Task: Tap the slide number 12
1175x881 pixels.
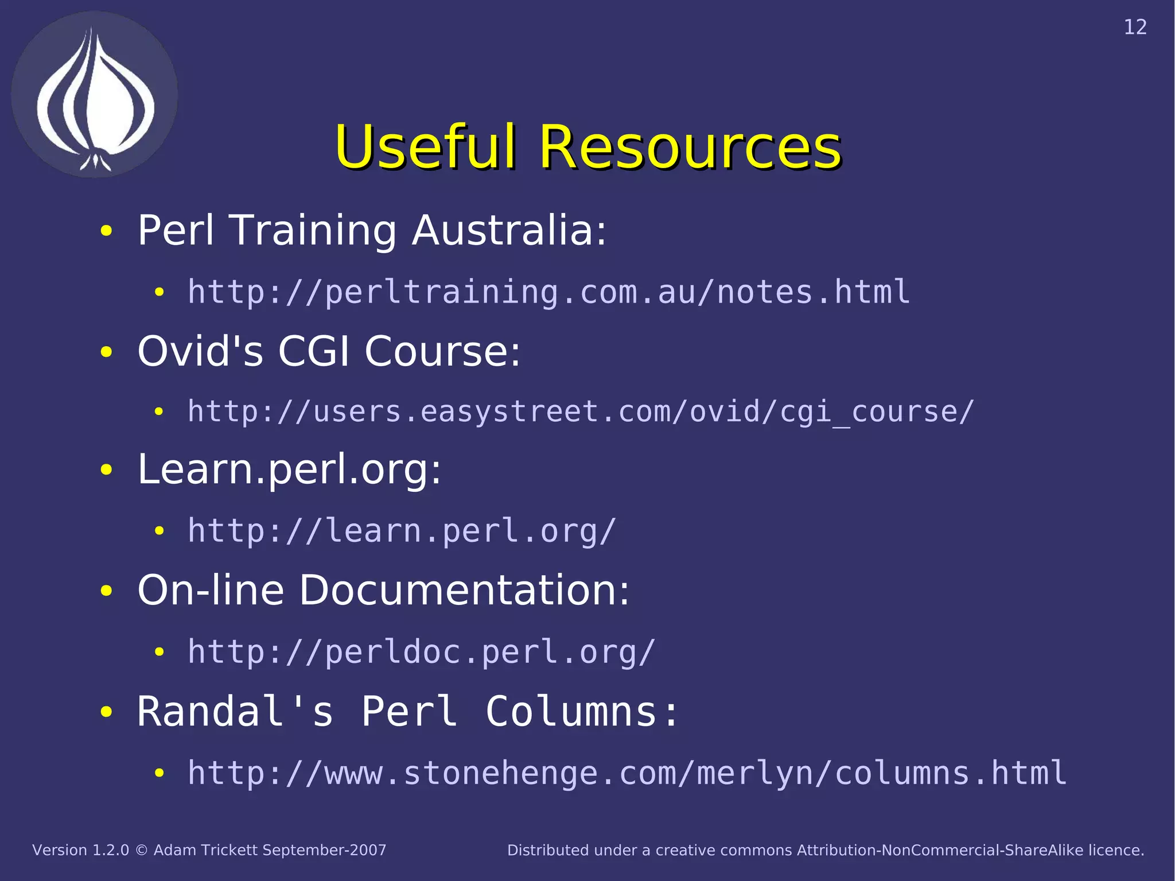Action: (x=1135, y=28)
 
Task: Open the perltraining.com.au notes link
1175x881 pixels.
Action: (x=548, y=292)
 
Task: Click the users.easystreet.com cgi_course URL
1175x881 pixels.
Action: (x=581, y=412)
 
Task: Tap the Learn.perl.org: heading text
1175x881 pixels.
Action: (x=289, y=470)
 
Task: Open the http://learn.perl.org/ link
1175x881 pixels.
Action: (x=402, y=531)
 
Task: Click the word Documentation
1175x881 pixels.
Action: (x=464, y=590)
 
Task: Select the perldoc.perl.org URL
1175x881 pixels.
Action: (x=421, y=652)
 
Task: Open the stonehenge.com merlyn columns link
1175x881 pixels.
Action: (x=627, y=773)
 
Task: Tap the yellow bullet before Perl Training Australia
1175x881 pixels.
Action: (x=106, y=231)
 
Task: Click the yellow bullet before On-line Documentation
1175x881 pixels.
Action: (x=106, y=591)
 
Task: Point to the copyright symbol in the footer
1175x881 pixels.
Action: (x=141, y=851)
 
